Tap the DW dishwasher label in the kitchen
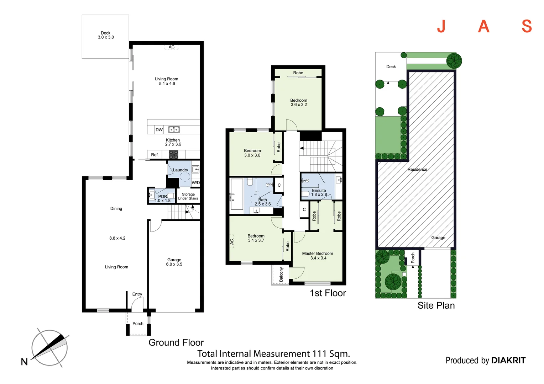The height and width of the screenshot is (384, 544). [x=159, y=130]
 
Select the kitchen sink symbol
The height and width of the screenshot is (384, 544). [x=174, y=130]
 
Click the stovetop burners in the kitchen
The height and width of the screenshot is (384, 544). [x=173, y=155]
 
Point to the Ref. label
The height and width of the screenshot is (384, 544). [x=155, y=155]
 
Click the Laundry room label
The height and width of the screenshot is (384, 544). [x=181, y=170]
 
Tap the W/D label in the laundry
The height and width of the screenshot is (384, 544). [x=196, y=183]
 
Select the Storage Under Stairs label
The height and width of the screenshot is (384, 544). [x=188, y=196]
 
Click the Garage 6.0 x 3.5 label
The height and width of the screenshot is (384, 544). [x=174, y=262]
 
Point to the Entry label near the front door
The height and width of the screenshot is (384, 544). [x=137, y=294]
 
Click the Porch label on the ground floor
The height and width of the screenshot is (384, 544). [x=138, y=324]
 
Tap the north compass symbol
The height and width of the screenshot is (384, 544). [x=49, y=348]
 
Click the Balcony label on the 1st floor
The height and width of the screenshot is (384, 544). [x=281, y=274]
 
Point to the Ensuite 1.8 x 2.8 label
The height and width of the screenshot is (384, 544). [x=319, y=192]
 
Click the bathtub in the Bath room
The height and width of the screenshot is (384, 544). [x=237, y=194]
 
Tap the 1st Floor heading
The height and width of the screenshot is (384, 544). [x=328, y=293]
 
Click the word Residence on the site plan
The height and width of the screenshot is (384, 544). [x=417, y=170]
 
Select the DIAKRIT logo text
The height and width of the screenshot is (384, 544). [x=508, y=361]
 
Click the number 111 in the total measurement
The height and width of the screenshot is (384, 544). [x=320, y=354]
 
